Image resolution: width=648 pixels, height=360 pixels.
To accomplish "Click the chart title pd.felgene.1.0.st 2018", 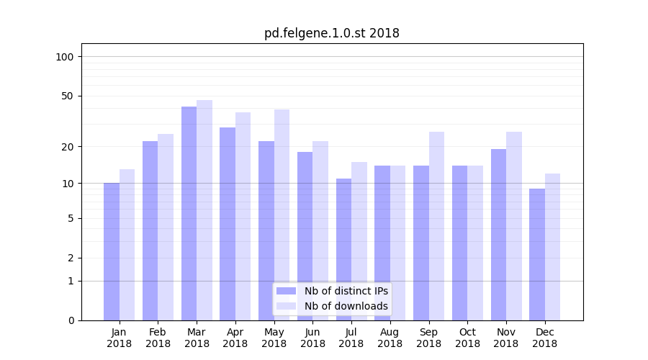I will pyautogui.click(x=331, y=33).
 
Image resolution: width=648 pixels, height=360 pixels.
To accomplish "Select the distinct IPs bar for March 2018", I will pyautogui.click(x=189, y=213).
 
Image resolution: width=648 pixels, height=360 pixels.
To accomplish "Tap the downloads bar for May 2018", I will pyautogui.click(x=282, y=215).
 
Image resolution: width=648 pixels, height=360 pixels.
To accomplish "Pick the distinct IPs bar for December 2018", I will pyautogui.click(x=537, y=254).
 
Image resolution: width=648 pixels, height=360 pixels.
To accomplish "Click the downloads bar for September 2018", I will pyautogui.click(x=436, y=226).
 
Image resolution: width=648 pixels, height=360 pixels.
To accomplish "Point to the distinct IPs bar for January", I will pyautogui.click(x=112, y=251).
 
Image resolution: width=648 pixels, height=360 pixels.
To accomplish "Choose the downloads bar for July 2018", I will pyautogui.click(x=359, y=241).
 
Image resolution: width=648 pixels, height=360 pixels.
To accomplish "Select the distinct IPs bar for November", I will pyautogui.click(x=498, y=235).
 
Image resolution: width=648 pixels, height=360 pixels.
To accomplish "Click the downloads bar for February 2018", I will pyautogui.click(x=166, y=227).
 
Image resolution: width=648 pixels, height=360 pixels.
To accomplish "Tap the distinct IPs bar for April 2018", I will pyautogui.click(x=228, y=224).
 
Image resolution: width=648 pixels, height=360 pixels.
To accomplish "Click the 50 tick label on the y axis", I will pyautogui.click(x=68, y=96).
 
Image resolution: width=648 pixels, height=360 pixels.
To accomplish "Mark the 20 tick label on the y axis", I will pyautogui.click(x=68, y=147).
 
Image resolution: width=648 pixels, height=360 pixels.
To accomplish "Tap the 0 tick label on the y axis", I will pyautogui.click(x=71, y=320).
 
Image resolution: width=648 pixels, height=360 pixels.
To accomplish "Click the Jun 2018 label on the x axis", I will pyautogui.click(x=312, y=338).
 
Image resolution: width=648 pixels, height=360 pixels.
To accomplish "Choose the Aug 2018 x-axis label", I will pyautogui.click(x=390, y=338).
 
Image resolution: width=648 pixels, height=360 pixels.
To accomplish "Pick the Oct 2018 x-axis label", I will pyautogui.click(x=467, y=338).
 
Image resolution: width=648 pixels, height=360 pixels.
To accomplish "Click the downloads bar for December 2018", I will pyautogui.click(x=552, y=247).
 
